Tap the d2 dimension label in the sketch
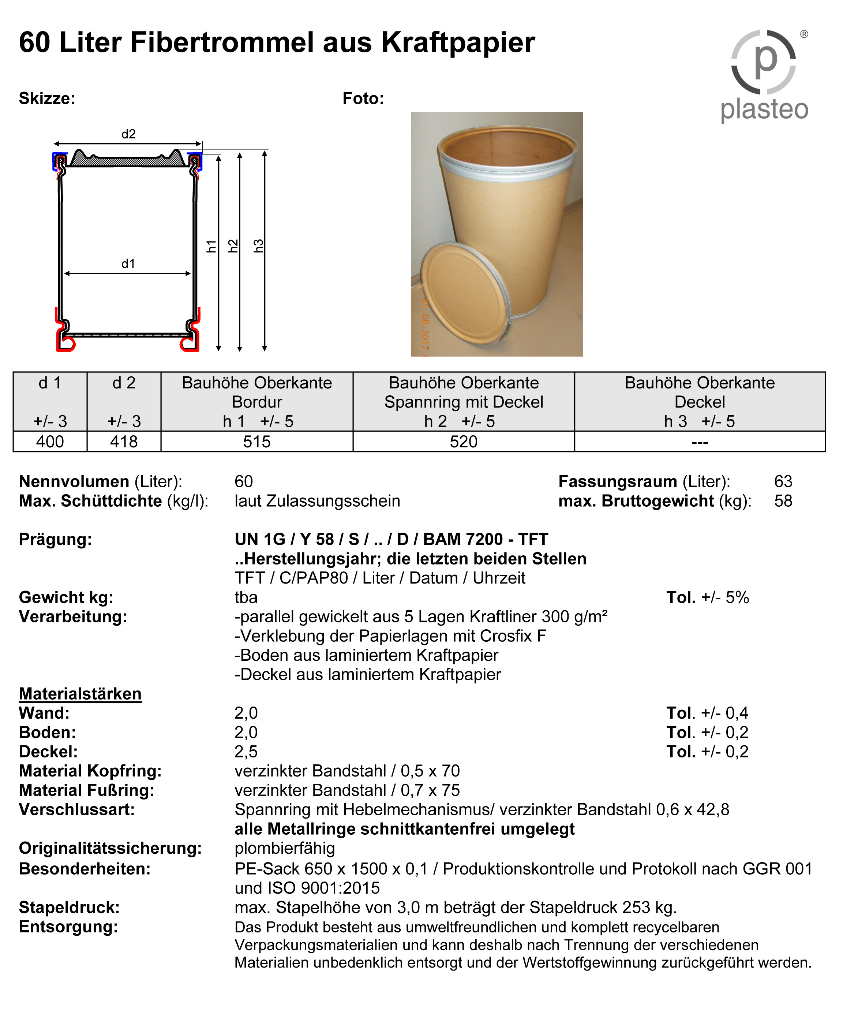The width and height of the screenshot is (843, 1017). (x=128, y=134)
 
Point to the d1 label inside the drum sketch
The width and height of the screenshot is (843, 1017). (x=128, y=264)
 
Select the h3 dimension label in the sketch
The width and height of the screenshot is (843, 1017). (x=259, y=246)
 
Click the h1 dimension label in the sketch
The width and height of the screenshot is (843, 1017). (x=211, y=246)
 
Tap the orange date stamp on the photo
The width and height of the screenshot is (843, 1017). (x=424, y=327)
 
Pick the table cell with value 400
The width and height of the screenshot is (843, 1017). (x=50, y=442)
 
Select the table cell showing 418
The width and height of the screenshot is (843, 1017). (x=124, y=442)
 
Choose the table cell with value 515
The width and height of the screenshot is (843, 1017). (x=257, y=442)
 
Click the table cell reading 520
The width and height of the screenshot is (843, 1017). (x=464, y=442)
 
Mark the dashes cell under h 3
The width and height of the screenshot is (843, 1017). (x=700, y=442)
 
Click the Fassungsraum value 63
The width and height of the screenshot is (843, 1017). (x=783, y=481)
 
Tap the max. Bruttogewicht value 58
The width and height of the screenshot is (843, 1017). (x=783, y=501)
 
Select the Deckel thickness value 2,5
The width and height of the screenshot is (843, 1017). (x=246, y=752)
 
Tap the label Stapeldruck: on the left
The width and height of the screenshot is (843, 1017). (x=69, y=907)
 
